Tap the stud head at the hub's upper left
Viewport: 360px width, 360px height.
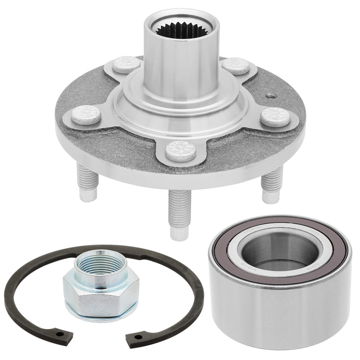(126, 64)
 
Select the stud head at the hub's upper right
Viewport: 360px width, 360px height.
(235, 66)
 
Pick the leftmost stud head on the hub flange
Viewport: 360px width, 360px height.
(86, 115)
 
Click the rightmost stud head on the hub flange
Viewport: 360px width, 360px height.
(275, 117)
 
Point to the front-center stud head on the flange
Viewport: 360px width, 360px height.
(180, 151)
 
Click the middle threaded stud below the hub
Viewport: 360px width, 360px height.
(179, 212)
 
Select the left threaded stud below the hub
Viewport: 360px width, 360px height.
(87, 182)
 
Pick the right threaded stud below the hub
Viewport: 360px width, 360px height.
(271, 184)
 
